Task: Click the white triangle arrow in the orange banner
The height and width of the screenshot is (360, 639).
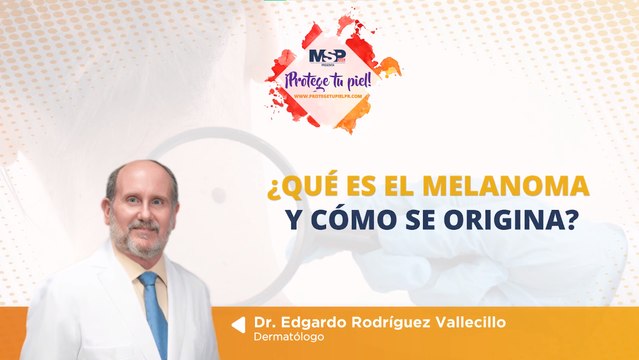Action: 238,325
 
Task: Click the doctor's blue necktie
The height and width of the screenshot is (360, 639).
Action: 153,310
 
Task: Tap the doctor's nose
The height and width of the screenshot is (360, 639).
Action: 141,214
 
